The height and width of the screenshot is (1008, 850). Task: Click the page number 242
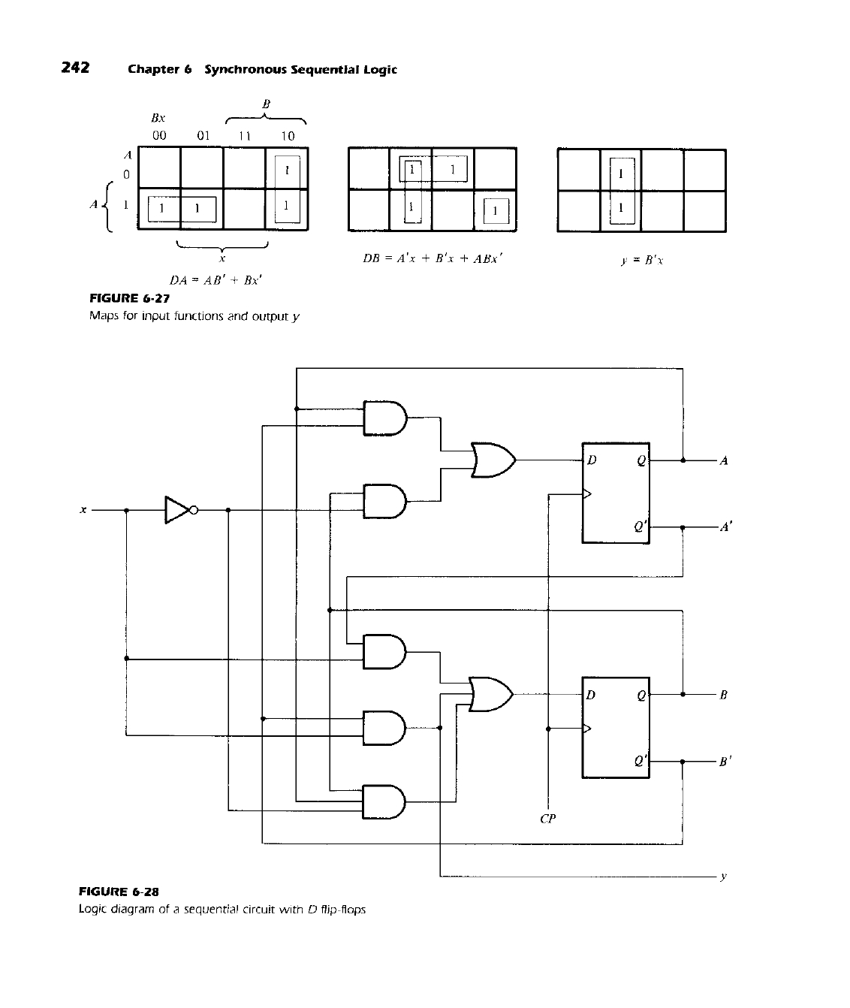(x=75, y=68)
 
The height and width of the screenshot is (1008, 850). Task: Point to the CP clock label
(x=547, y=818)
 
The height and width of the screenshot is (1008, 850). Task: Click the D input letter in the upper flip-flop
(x=592, y=460)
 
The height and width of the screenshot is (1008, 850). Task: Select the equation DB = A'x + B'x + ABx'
(x=432, y=258)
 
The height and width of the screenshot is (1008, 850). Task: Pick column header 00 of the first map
(x=159, y=136)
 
